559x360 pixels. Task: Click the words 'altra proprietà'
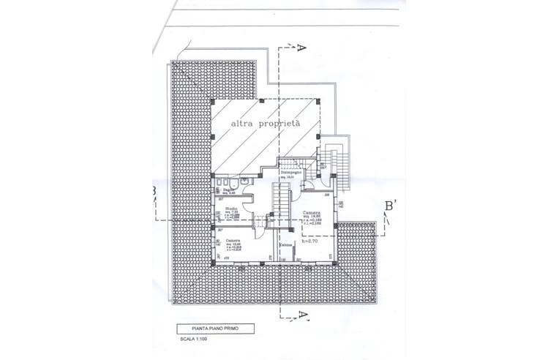tap(266, 124)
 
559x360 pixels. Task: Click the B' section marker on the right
tap(391, 206)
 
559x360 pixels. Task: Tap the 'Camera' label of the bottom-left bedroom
tap(233, 241)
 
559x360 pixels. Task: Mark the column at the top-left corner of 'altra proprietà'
tap(212, 100)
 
